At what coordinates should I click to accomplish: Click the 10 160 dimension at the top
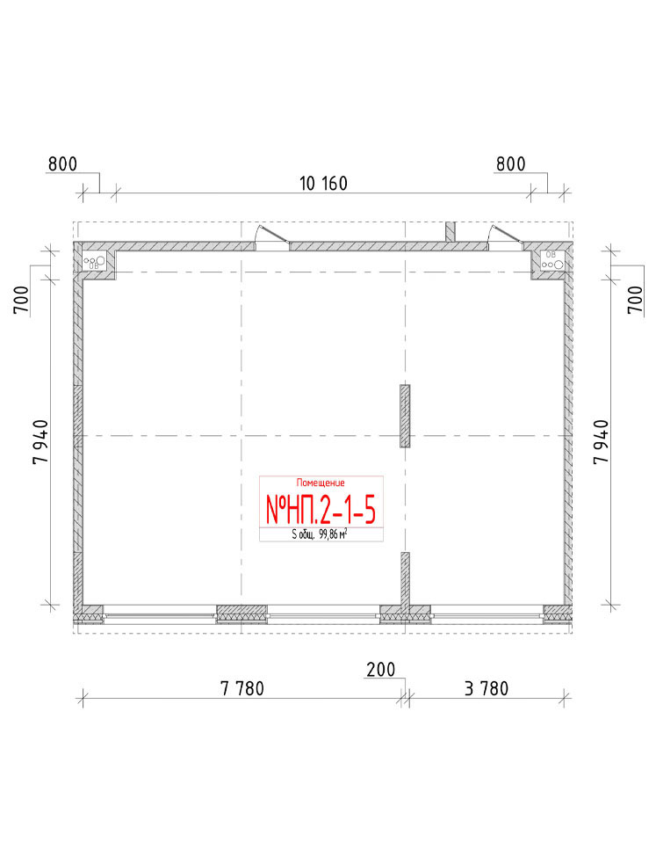pos(323,183)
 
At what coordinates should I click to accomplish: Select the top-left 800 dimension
pos(62,164)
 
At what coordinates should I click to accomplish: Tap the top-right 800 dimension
pos(511,164)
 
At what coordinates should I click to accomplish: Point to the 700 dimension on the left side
pos(21,300)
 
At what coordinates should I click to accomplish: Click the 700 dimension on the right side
pos(635,300)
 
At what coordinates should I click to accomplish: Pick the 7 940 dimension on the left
pos(41,442)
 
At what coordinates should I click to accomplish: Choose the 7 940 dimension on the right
pos(602,442)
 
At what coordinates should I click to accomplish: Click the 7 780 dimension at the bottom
pos(242,688)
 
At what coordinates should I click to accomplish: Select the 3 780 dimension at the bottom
pos(487,688)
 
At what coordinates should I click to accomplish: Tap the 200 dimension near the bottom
pos(381,670)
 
